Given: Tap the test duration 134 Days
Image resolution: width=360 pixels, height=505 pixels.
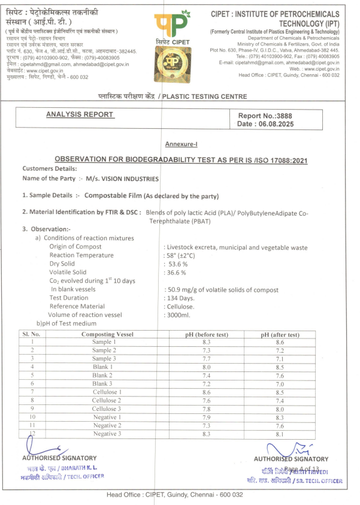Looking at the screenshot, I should (181, 298).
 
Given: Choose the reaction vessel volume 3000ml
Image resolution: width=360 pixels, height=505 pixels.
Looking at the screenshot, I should (180, 315).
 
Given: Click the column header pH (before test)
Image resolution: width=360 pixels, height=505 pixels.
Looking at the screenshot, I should (207, 334).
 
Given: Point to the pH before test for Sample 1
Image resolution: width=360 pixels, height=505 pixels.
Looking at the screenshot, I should (207, 342).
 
